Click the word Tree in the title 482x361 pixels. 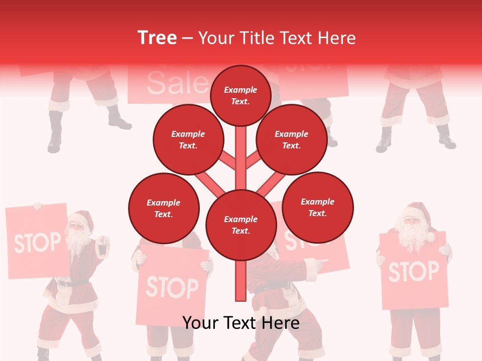coord(157,38)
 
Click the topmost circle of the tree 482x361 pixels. coord(240,95)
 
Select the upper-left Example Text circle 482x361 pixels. coord(188,139)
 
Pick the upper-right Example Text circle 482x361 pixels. coord(292,139)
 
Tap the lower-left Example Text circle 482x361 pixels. coord(164,208)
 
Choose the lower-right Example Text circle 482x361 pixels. coord(317,207)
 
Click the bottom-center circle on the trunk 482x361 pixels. coord(241,225)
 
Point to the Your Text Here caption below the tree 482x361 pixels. coord(240,323)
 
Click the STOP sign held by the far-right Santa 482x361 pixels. coord(413,271)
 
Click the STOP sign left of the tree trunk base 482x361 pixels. coord(172,287)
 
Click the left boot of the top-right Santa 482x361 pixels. coord(385,141)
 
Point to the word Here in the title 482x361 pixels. coord(336,38)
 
